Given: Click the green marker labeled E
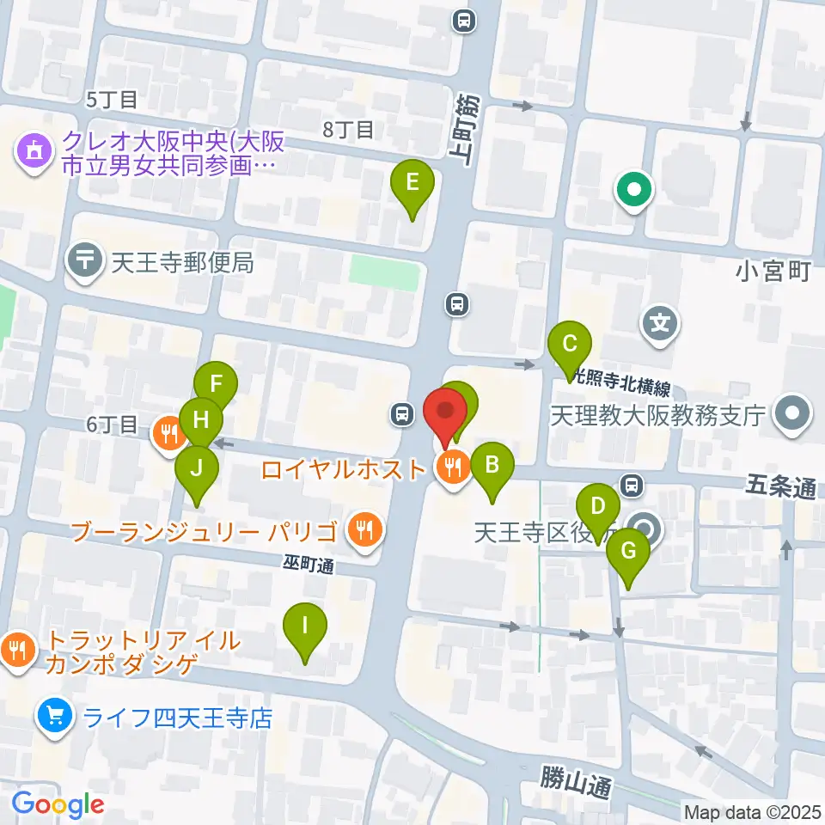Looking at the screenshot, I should [412, 183].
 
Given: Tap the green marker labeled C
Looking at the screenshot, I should [570, 345].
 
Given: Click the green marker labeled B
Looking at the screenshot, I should [492, 465].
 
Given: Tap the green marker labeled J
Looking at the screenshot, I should [197, 468].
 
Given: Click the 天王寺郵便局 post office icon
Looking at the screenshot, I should [87, 262].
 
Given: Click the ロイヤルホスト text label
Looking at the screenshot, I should [343, 469].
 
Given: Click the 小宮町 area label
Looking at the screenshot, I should [773, 273].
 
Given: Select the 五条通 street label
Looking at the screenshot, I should [779, 489].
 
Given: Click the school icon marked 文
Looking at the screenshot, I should [660, 325].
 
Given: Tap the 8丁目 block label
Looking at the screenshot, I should [348, 130].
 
